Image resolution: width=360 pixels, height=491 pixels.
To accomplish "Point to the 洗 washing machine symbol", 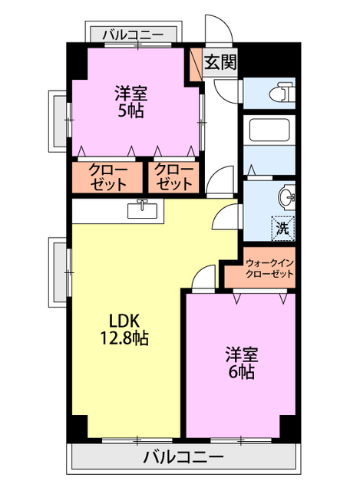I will click(x=282, y=227).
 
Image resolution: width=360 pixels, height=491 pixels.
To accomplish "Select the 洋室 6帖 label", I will click(x=241, y=364).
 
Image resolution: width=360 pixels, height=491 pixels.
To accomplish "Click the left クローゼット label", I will click(x=107, y=177).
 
